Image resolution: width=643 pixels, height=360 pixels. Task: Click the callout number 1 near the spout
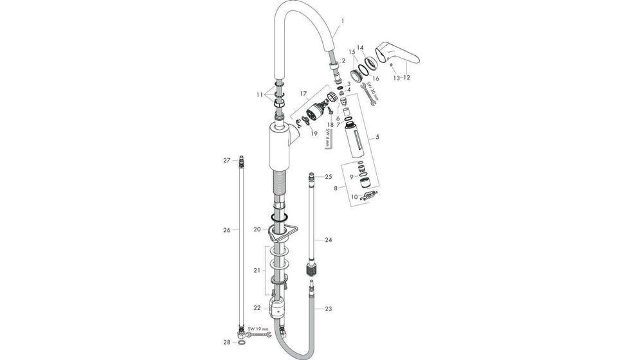pyautogui.click(x=343, y=21)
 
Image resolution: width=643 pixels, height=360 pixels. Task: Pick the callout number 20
pyautogui.click(x=256, y=229)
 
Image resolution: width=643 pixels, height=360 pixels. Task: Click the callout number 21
pyautogui.click(x=256, y=271)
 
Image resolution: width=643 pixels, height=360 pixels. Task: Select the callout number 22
pyautogui.click(x=256, y=309)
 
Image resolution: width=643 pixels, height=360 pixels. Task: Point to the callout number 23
pyautogui.click(x=328, y=309)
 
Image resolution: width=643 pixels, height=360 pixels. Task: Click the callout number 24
pyautogui.click(x=328, y=240)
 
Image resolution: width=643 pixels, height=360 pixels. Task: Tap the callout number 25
pyautogui.click(x=328, y=176)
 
